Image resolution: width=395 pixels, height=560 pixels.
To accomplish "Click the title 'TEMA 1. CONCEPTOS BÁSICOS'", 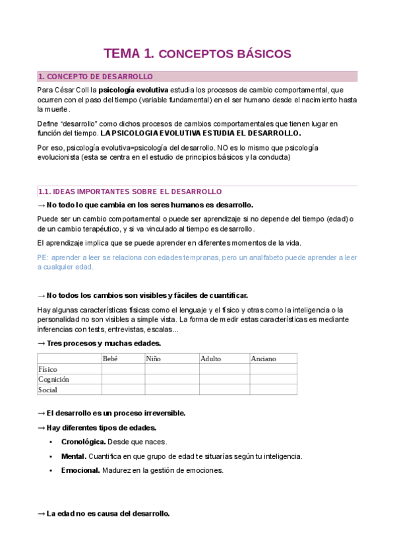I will click(x=197, y=53).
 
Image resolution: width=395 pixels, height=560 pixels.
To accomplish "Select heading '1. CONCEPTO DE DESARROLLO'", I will click(x=96, y=77).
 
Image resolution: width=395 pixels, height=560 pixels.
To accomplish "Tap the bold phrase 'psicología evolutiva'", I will click(x=133, y=89).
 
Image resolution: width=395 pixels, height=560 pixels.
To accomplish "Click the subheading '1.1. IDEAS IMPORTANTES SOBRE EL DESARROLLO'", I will click(x=130, y=192).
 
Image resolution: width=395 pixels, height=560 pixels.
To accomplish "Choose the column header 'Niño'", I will click(x=153, y=359).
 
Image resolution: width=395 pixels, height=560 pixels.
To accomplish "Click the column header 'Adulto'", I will click(x=212, y=359).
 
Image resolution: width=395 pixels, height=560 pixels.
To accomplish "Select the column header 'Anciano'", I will click(x=263, y=359).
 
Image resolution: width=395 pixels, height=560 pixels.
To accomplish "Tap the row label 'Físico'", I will click(x=48, y=369).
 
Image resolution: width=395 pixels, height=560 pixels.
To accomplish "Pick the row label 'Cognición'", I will click(x=53, y=379).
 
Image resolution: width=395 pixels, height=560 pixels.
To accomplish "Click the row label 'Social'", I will click(x=47, y=390).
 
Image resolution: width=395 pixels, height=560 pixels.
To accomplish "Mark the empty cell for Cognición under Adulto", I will click(x=224, y=379).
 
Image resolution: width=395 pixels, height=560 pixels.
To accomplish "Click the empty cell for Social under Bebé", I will click(x=123, y=390).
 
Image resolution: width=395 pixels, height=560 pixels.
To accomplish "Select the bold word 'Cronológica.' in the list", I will click(x=83, y=442).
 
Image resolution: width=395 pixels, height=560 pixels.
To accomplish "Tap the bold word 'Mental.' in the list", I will click(x=73, y=456).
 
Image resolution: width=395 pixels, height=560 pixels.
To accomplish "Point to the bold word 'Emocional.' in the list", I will click(x=80, y=470).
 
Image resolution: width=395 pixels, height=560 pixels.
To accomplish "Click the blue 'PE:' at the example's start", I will click(x=43, y=257).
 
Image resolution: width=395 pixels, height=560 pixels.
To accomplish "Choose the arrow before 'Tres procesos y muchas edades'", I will click(x=41, y=343).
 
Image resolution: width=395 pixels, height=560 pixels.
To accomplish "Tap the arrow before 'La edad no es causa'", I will click(x=41, y=514).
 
